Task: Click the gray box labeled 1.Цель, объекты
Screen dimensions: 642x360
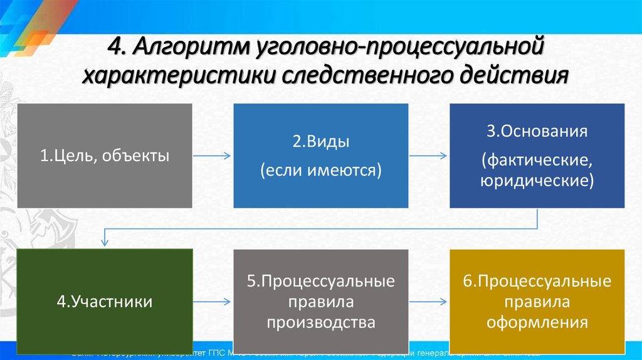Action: [x=105, y=156]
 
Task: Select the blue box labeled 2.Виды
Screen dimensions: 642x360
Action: [x=320, y=156]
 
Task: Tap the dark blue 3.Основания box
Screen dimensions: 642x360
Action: [x=537, y=156]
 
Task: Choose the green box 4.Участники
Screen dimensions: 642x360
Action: [x=105, y=301]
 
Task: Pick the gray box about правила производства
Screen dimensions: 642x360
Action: [x=320, y=301]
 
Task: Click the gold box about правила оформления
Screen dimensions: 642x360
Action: [x=537, y=301]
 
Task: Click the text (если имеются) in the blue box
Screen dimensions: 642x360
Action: [x=320, y=169]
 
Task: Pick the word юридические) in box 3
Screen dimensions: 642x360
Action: [x=537, y=181]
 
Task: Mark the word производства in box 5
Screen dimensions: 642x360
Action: [x=320, y=323]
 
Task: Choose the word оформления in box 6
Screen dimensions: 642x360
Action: [x=537, y=323]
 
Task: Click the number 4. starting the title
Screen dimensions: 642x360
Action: [x=117, y=48]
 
